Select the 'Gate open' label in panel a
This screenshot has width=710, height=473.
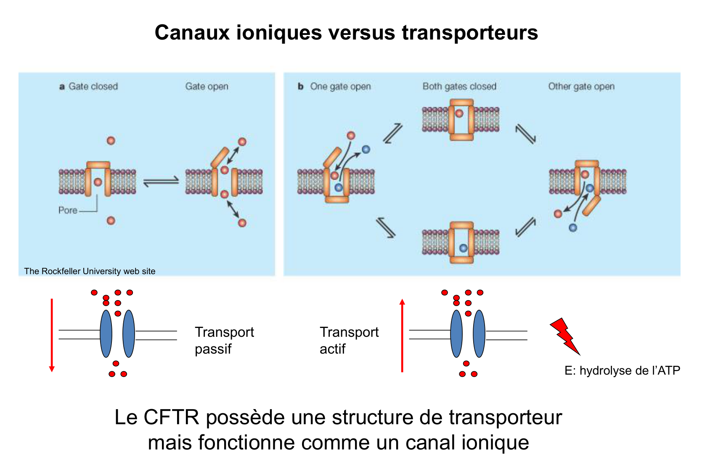[x=207, y=86]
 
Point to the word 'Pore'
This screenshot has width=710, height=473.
[x=68, y=210]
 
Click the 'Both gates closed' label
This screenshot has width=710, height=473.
[x=459, y=86]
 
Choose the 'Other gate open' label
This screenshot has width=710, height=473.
[x=581, y=86]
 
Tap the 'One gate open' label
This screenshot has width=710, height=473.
[x=340, y=86]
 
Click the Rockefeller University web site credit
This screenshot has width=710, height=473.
[x=90, y=271]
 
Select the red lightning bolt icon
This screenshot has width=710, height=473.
[x=564, y=335]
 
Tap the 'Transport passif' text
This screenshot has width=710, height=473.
[x=224, y=340]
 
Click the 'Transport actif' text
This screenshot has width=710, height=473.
[x=349, y=340]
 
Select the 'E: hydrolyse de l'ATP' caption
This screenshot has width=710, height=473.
[x=622, y=370]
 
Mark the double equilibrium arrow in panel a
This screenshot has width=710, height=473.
[x=161, y=182]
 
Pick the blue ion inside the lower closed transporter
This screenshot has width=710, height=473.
[x=463, y=248]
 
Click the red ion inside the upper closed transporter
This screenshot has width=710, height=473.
[x=459, y=113]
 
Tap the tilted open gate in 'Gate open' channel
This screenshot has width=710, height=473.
[x=220, y=157]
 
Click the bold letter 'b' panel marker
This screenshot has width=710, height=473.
[x=300, y=86]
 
